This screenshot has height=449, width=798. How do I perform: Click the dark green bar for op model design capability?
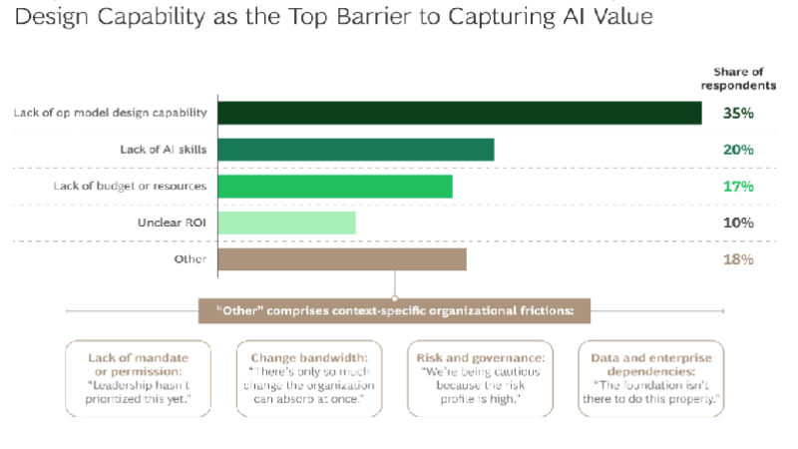[x=459, y=113]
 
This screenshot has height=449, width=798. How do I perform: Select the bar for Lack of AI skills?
[x=355, y=150]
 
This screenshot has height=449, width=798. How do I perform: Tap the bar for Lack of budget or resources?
[x=334, y=187]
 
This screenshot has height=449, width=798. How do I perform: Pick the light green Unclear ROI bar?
[x=286, y=223]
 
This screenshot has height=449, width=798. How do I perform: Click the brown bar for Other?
[x=341, y=259]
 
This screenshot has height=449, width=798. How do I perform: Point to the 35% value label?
[x=738, y=113]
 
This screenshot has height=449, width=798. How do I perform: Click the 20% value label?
[x=738, y=150]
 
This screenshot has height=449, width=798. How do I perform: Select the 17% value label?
[x=738, y=187]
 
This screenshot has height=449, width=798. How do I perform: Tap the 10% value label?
[x=738, y=223]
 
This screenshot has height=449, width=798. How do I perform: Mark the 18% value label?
[x=738, y=259]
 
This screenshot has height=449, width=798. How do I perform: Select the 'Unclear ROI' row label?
[x=172, y=223]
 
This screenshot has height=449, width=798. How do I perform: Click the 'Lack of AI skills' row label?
[x=163, y=150]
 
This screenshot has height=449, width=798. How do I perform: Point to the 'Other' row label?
[x=190, y=259]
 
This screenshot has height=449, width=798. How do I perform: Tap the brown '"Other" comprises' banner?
[x=394, y=311]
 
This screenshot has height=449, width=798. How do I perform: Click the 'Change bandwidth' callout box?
[x=309, y=377]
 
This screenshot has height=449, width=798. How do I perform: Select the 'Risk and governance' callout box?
[x=481, y=377]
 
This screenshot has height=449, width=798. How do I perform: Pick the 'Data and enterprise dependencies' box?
[x=651, y=377]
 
